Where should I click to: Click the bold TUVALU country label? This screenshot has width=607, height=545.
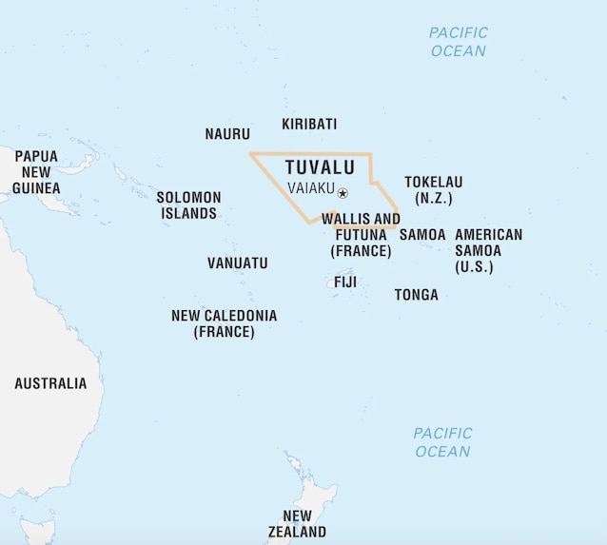tap(320, 167)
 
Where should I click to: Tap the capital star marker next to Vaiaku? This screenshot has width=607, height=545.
tap(343, 193)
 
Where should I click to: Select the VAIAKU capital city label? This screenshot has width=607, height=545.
tap(311, 188)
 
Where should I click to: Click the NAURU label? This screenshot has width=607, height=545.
tap(227, 134)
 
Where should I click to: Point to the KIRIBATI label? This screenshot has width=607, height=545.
tap(309, 124)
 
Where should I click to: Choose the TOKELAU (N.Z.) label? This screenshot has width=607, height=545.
tap(433, 190)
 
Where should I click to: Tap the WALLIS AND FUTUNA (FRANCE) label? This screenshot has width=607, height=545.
tap(361, 235)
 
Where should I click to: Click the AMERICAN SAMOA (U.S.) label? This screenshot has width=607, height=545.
tap(488, 250)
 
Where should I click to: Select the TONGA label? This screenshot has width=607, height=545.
tap(417, 295)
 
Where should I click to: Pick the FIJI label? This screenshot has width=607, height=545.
tap(345, 282)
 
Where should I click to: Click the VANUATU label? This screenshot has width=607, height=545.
tap(238, 263)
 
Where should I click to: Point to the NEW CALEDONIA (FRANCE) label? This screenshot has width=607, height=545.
tap(225, 323)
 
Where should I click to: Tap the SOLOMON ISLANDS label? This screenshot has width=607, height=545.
tap(188, 205)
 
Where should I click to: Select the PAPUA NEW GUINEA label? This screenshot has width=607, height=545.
tap(36, 172)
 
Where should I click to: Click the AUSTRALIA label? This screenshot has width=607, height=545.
tap(50, 383)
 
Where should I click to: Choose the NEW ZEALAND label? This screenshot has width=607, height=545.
tap(297, 524)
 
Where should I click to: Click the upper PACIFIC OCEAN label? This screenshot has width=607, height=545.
tap(458, 42)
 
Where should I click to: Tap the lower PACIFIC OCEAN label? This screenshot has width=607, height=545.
tap(442, 442)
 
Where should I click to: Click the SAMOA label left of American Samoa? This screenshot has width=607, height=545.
tap(422, 234)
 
